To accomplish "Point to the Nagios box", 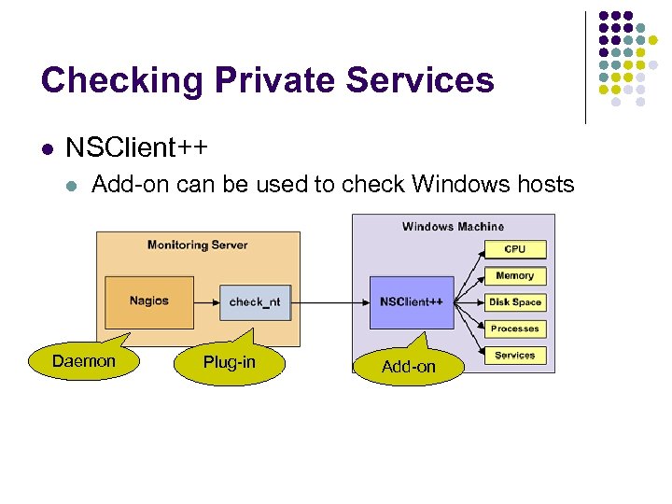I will (x=149, y=301).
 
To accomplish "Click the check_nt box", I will (x=255, y=302).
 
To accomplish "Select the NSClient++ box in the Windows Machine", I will (x=412, y=302).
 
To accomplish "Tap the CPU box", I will (x=514, y=249).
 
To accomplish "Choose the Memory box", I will (x=514, y=276).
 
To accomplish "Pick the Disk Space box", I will (x=514, y=302).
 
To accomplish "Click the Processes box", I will (x=514, y=329).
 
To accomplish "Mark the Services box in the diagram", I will (x=514, y=356).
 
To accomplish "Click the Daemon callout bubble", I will (x=84, y=362).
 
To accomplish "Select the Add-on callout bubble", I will (x=408, y=367).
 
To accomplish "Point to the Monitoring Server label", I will (x=197, y=245).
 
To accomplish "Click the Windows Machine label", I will (x=453, y=227).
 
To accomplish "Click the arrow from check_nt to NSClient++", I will (x=330, y=302).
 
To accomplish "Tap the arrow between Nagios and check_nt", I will (x=206, y=302).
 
